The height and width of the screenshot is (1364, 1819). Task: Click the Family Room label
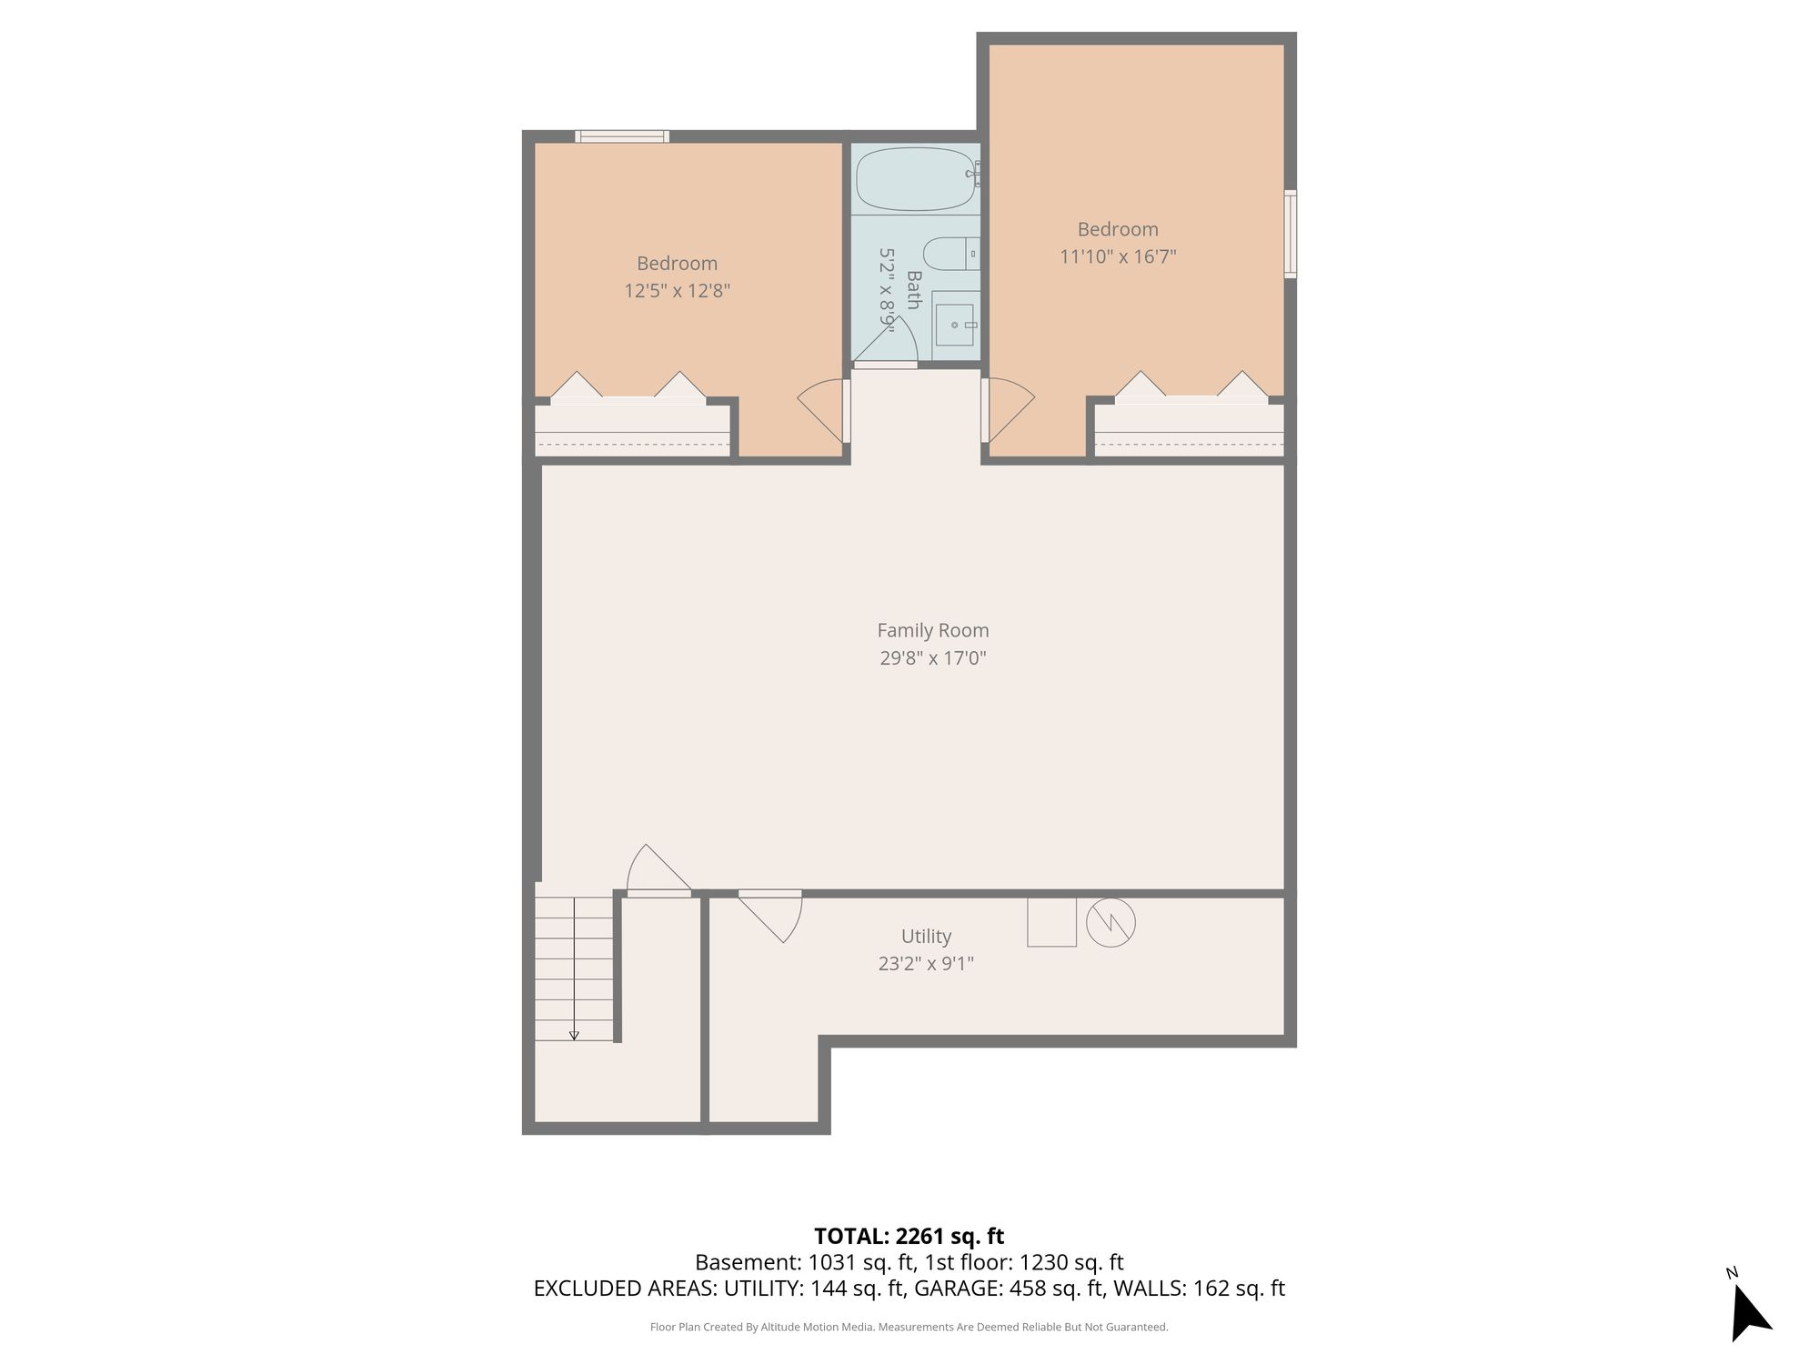tap(932, 630)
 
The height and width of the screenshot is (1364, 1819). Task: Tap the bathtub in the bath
tap(917, 179)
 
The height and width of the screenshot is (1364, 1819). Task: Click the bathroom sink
tap(955, 318)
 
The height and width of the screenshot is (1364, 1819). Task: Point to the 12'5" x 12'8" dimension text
tap(677, 291)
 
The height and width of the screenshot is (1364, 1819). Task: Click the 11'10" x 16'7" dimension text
tap(1118, 256)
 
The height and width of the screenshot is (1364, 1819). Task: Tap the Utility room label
tap(926, 936)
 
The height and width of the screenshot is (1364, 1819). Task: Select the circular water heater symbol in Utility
tap(1110, 922)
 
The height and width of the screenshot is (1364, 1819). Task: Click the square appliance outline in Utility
tap(1051, 922)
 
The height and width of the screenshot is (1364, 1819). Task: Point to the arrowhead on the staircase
tap(574, 1035)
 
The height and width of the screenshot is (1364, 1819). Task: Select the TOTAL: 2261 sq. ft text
tap(909, 1236)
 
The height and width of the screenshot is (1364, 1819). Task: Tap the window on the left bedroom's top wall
tap(622, 136)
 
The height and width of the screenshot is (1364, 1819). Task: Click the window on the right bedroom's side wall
tap(1291, 234)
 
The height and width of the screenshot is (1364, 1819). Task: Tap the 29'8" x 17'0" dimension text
tap(932, 657)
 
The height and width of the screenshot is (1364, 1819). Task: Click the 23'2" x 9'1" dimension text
tap(926, 963)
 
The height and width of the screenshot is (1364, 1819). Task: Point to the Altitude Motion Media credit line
tap(909, 1328)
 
